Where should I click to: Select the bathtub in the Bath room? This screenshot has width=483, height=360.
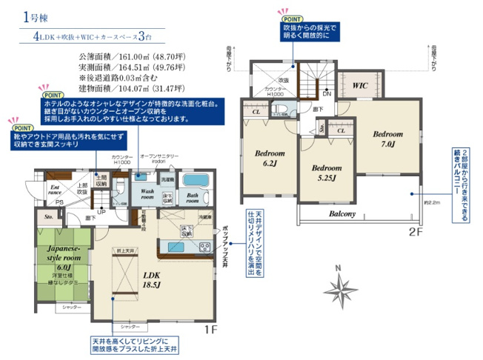[196, 181]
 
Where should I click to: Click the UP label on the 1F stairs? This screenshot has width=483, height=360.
[101, 211]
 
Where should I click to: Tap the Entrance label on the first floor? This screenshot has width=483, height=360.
[55, 192]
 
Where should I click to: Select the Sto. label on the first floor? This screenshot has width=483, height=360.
[49, 218]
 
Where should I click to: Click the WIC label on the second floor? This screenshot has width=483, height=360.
[361, 85]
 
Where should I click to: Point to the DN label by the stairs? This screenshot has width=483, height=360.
[327, 94]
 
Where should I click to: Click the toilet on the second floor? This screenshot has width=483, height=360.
[280, 110]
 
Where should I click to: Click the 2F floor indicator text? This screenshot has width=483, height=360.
[415, 231]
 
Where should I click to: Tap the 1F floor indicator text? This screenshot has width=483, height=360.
[209, 328]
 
